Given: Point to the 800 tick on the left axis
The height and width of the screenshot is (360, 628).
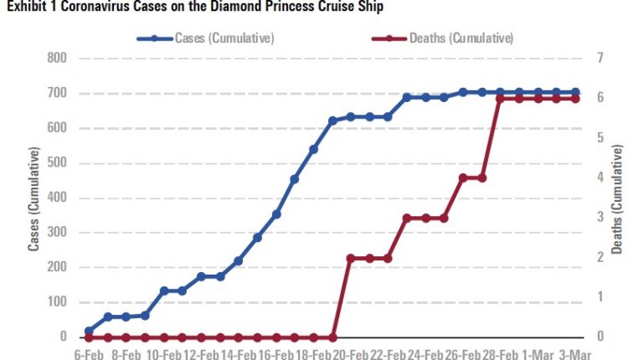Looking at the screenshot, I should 58,59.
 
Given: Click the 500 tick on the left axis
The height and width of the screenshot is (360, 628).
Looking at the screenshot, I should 58,163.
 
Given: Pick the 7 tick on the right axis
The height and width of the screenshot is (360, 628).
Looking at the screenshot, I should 600,59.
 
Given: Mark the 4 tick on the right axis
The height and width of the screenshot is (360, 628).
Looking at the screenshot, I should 600,177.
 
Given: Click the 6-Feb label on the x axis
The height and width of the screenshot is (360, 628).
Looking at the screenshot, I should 88,354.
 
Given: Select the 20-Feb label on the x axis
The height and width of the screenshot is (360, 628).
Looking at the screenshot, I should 352,354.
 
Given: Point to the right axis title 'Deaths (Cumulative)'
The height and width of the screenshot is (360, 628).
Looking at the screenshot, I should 618,198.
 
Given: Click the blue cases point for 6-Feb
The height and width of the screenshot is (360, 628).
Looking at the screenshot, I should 89,331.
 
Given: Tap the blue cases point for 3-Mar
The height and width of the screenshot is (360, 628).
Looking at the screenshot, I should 576,92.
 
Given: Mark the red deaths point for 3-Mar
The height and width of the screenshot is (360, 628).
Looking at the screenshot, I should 576,99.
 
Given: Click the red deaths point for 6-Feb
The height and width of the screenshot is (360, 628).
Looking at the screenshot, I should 89,337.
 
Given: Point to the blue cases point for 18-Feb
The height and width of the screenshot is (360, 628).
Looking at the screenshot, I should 314,150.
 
